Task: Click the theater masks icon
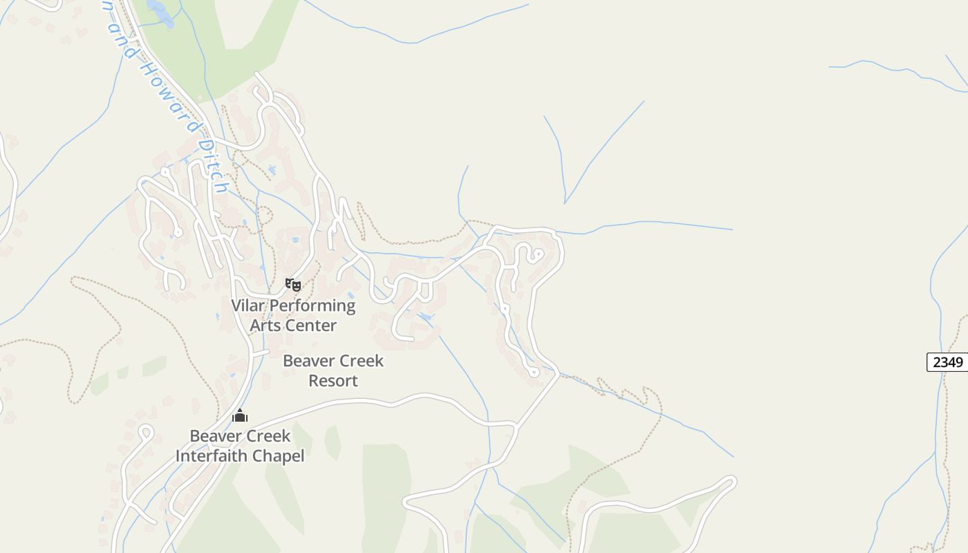click(x=293, y=284)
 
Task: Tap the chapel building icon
click(x=240, y=415)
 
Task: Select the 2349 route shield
click(x=947, y=362)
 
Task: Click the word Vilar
click(x=248, y=306)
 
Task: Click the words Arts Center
click(x=293, y=325)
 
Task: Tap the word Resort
click(x=333, y=380)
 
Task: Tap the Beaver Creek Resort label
click(x=333, y=371)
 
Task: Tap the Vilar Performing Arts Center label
click(x=293, y=315)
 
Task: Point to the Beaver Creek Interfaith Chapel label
click(x=240, y=446)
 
